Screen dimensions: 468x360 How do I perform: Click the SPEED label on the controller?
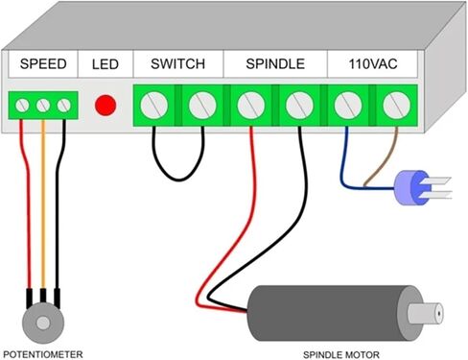click(43, 64)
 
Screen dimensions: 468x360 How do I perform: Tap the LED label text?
click(105, 64)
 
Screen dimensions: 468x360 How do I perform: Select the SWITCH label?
click(177, 64)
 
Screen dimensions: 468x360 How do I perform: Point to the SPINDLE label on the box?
click(275, 64)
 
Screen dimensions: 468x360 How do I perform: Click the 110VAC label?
click(373, 64)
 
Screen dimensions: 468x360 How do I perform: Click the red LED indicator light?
click(105, 105)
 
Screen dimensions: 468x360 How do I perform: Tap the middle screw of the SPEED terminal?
click(43, 106)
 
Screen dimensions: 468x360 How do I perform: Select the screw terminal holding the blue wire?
click(348, 105)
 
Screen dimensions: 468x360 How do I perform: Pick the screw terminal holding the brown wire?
click(396, 105)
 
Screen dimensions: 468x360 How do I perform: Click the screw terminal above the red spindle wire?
click(251, 105)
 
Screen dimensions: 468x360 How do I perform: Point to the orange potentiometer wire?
click(43, 204)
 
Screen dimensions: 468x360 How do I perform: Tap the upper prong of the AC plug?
click(438, 180)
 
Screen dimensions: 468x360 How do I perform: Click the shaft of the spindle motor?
click(426, 313)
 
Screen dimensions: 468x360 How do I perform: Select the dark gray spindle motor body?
click(333, 313)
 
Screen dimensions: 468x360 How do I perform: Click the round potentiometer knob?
click(43, 323)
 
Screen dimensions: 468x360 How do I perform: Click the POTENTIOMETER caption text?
click(43, 354)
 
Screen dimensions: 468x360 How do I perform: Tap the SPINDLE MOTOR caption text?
click(341, 355)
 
